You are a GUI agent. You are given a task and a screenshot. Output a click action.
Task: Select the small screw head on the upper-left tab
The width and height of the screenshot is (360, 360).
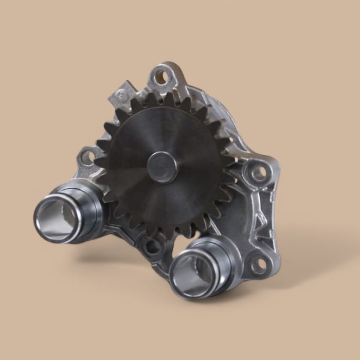point(120,94)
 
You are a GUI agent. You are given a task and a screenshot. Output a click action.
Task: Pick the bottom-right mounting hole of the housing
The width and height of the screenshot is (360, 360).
point(257,264)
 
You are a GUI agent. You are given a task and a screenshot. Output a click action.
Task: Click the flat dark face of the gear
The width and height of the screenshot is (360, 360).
point(139,190)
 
